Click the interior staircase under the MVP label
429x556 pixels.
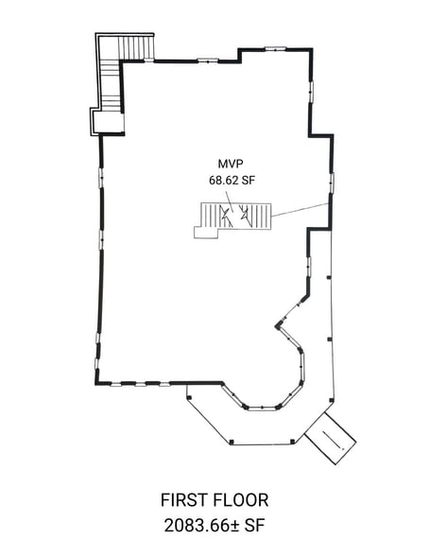pos(233,218)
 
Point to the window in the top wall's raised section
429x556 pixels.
pos(275,47)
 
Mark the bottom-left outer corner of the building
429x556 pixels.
pos(95,383)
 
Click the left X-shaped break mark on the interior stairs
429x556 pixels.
pos(226,216)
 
